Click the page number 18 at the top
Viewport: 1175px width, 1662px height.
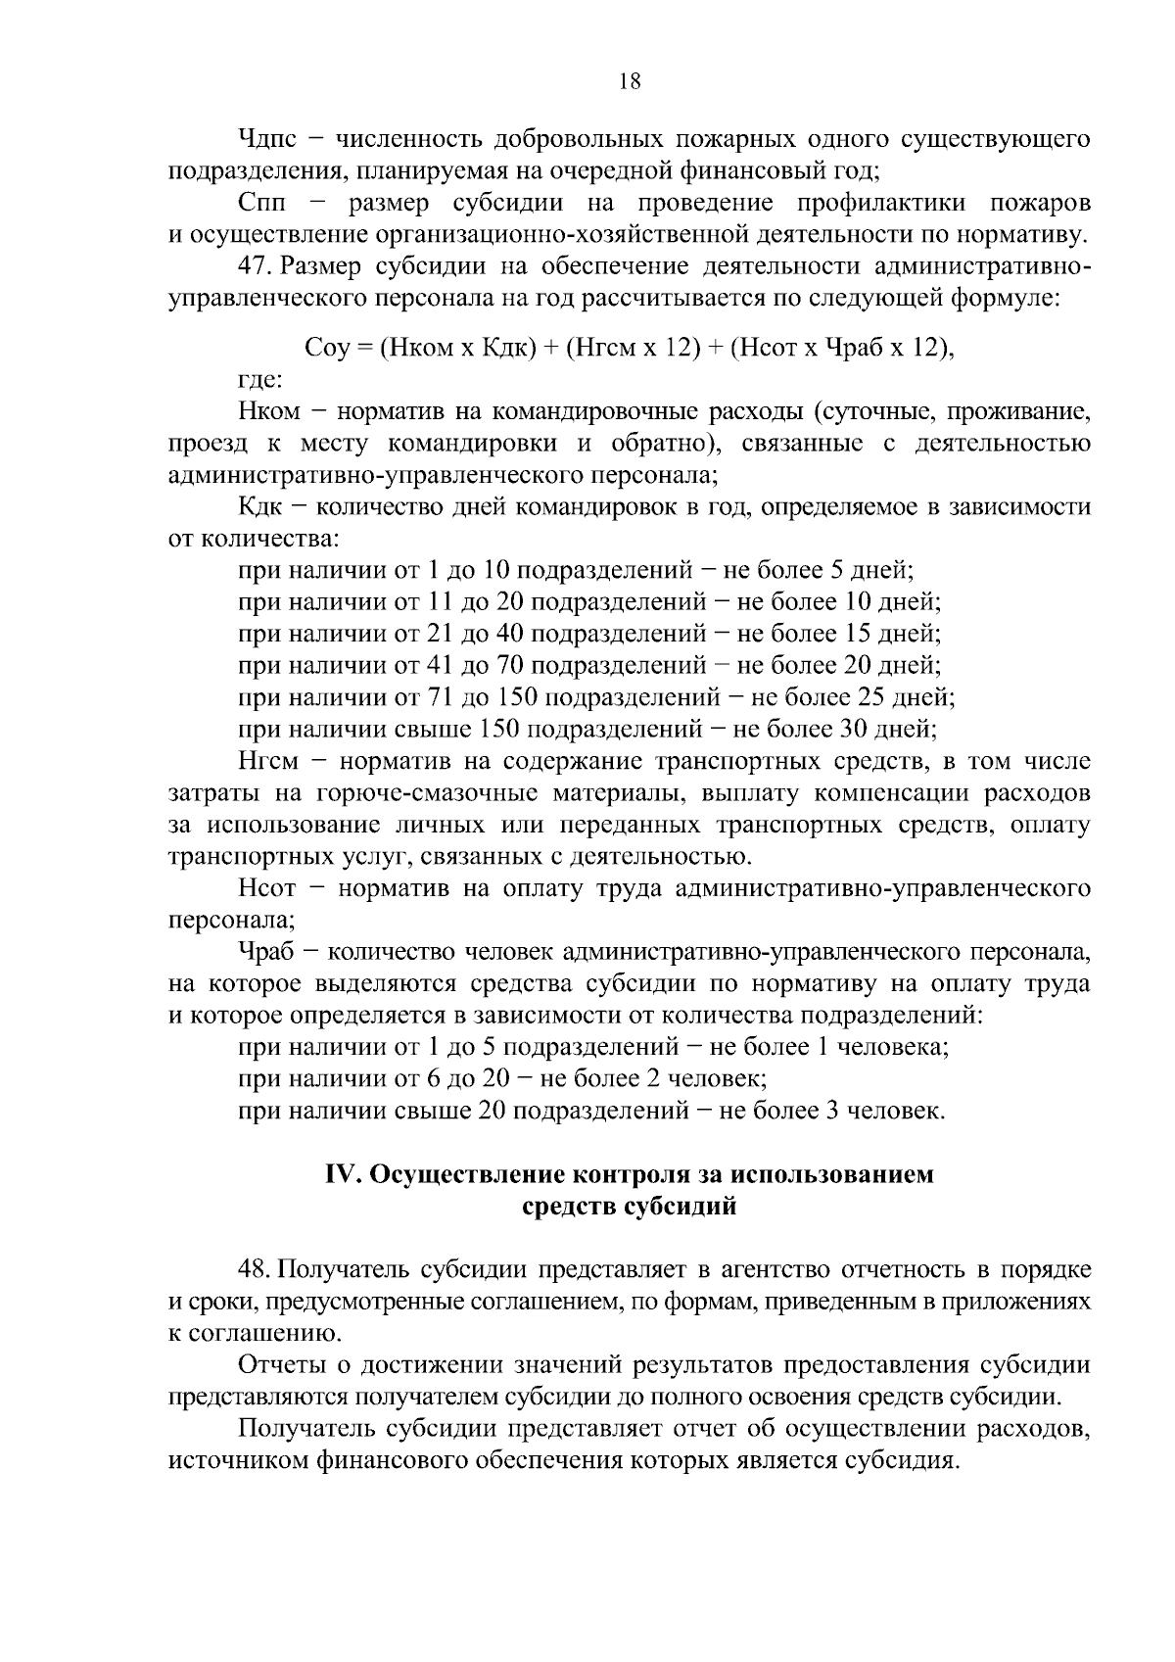[x=630, y=82]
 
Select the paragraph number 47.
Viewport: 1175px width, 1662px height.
[x=256, y=267]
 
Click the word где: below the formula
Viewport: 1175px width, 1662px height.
[x=261, y=379]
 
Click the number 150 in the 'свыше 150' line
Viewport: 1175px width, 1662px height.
[x=503, y=730]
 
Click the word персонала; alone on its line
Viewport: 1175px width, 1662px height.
[x=231, y=921]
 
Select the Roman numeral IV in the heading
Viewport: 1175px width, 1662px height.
[x=343, y=1174]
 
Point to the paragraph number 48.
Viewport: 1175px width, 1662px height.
[x=256, y=1270]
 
